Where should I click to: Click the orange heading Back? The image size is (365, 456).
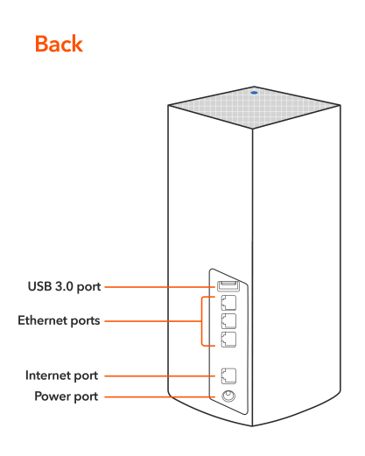(x=59, y=44)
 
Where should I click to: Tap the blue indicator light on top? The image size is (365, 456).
(x=254, y=93)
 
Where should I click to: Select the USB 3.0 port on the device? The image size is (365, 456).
(x=228, y=286)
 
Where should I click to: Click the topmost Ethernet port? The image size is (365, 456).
(x=228, y=303)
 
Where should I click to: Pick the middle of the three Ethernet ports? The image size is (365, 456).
(x=228, y=321)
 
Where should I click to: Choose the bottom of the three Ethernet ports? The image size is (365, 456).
(x=228, y=340)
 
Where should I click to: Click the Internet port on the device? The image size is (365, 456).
(x=228, y=375)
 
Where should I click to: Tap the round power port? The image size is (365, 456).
(x=228, y=396)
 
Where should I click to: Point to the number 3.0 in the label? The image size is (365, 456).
(x=64, y=286)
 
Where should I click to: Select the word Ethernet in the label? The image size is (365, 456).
(x=43, y=320)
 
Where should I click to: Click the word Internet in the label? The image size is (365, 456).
(x=48, y=375)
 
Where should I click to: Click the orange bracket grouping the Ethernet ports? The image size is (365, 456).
(x=201, y=321)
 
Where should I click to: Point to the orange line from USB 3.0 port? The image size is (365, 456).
(x=159, y=287)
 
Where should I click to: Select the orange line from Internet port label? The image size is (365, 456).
(x=159, y=375)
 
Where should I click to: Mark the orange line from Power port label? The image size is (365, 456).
(x=159, y=396)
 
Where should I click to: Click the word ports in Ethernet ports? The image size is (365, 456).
(x=85, y=321)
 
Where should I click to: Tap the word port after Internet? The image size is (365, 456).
(x=86, y=376)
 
